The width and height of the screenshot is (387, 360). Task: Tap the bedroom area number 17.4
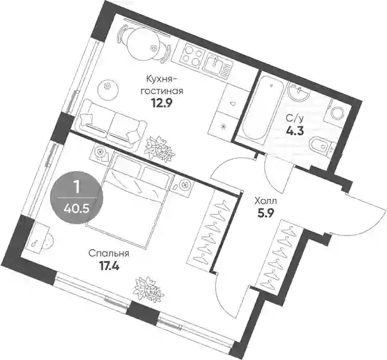tap(108, 266)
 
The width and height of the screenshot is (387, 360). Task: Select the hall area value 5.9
tap(266, 214)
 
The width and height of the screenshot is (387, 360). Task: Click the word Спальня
tap(109, 253)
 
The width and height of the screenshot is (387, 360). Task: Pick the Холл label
tap(266, 201)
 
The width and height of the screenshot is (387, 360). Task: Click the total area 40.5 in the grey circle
tap(76, 209)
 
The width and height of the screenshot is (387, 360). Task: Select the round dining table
tap(143, 44)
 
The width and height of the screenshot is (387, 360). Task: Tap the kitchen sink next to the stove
tap(219, 65)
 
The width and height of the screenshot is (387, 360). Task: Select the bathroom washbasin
tap(299, 92)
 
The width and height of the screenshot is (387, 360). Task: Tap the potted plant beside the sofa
tap(160, 148)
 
